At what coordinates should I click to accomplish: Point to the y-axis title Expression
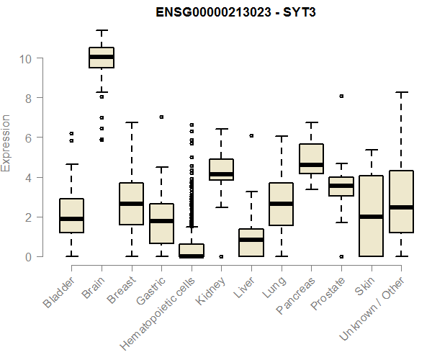tap(6, 143)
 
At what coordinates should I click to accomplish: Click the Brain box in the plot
tap(102, 58)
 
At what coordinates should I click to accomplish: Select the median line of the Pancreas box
tap(311, 165)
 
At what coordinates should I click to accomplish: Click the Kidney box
tap(221, 169)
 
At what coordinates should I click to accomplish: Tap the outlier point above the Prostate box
tap(341, 96)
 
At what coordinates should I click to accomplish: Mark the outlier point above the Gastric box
tap(161, 117)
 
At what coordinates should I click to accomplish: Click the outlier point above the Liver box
tap(251, 135)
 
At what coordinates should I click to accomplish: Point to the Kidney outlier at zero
tap(221, 256)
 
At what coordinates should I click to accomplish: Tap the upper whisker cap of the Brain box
tap(102, 31)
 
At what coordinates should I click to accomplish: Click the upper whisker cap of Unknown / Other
tap(400, 92)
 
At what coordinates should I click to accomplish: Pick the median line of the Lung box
tap(282, 204)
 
